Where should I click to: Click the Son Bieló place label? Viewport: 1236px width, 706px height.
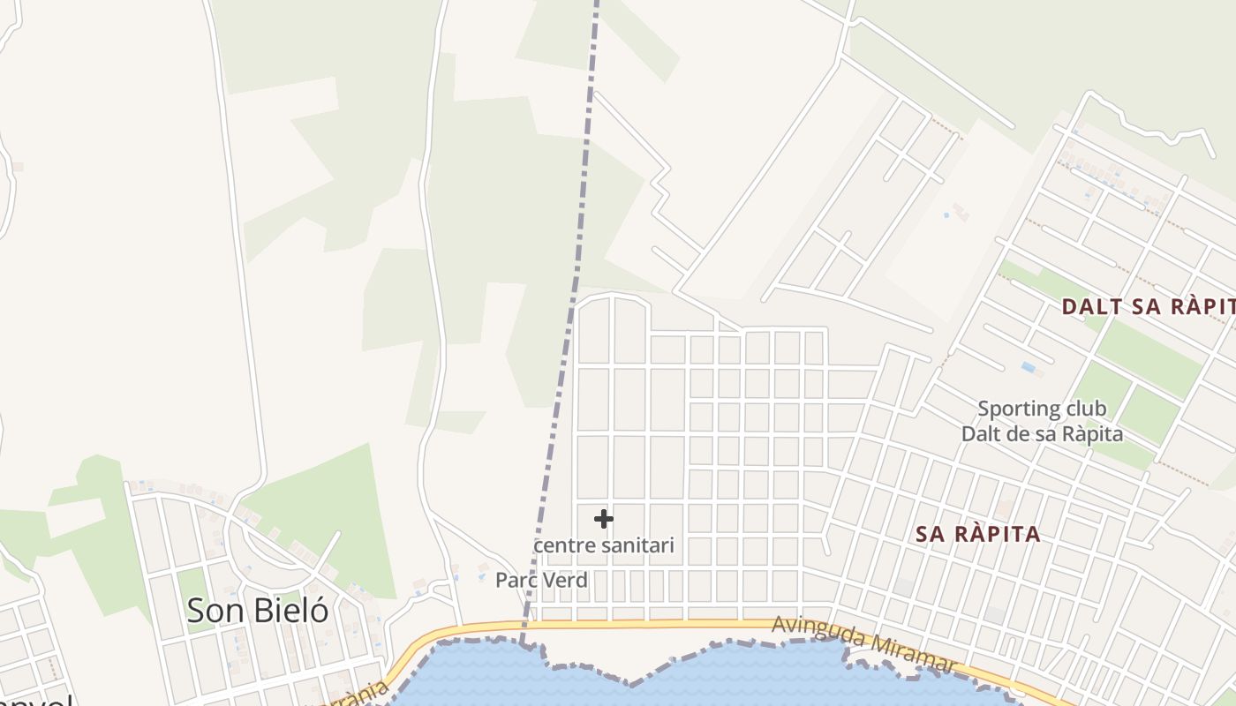(x=257, y=611)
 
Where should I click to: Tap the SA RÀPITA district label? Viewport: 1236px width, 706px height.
(x=977, y=534)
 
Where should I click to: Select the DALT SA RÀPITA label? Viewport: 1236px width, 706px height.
(x=1148, y=307)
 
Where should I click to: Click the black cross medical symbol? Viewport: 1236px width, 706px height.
(x=604, y=519)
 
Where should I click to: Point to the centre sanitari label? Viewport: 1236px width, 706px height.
(x=604, y=545)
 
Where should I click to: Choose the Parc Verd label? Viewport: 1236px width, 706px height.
(x=541, y=580)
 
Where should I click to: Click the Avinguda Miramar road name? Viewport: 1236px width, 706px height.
(x=864, y=644)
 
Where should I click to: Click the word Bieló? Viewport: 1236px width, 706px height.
(x=290, y=611)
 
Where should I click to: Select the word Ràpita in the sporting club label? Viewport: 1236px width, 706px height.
(x=1093, y=434)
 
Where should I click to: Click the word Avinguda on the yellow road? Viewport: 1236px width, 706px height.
(x=817, y=633)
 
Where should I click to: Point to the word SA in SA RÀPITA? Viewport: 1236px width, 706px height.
(x=932, y=534)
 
